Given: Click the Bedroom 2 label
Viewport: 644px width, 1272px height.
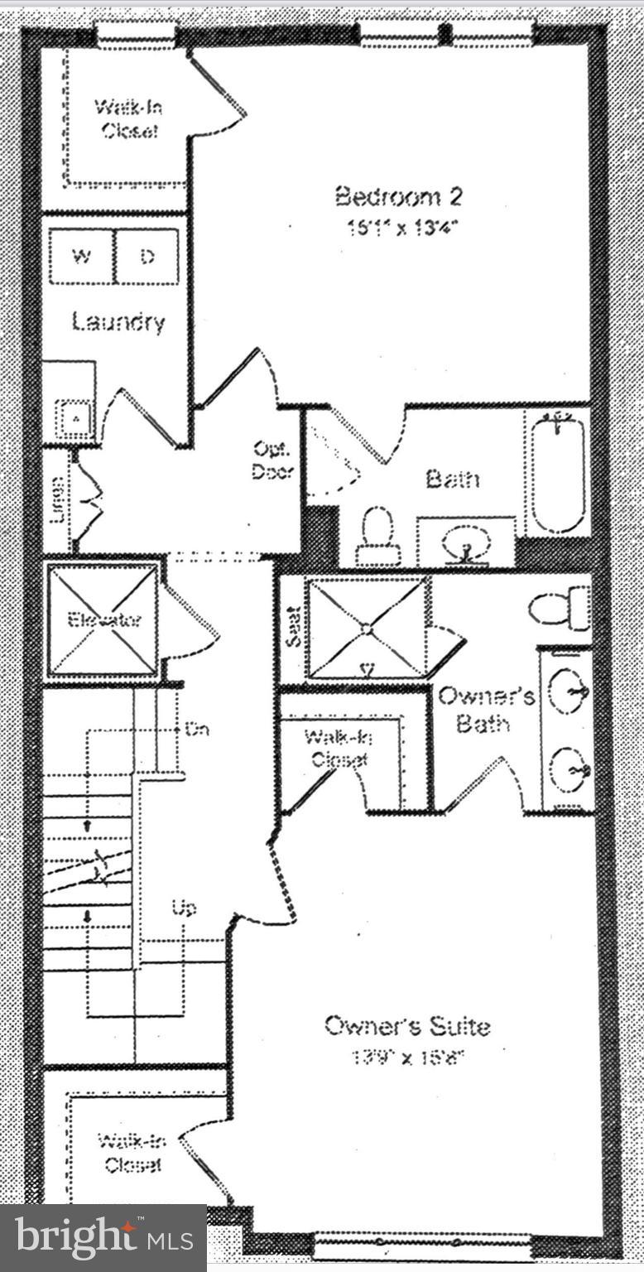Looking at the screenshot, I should click(x=398, y=197).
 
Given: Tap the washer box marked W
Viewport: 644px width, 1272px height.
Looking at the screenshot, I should click(x=81, y=257).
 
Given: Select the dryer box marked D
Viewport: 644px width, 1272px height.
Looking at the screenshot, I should click(x=147, y=257).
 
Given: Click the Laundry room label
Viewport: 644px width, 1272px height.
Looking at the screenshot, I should click(x=118, y=321).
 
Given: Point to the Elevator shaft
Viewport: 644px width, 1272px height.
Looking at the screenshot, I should click(x=102, y=620).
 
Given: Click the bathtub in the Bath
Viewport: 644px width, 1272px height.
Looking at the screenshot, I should click(x=558, y=475).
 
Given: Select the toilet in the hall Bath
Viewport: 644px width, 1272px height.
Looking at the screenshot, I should click(x=378, y=534).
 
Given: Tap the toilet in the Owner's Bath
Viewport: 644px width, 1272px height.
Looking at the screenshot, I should click(x=559, y=609).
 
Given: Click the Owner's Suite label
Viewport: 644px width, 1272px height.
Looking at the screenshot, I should click(x=406, y=1026).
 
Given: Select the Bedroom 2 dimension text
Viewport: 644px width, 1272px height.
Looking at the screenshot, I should click(x=402, y=228).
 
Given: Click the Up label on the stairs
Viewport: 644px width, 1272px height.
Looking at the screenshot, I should click(x=184, y=908).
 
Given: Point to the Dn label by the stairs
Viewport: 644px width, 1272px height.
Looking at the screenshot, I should click(x=197, y=730).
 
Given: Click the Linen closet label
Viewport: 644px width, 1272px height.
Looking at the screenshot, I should click(x=58, y=500).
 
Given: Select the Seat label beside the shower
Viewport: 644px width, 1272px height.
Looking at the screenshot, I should click(x=292, y=634).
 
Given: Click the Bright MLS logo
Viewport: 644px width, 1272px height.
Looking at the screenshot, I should click(x=103, y=1237).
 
